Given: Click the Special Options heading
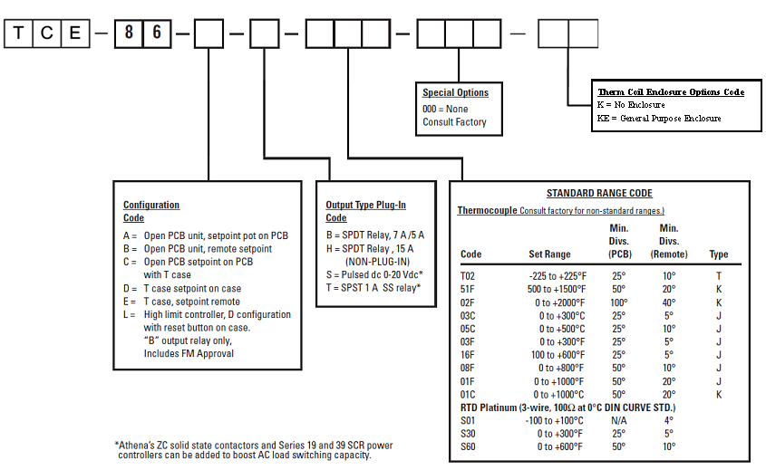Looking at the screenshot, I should coord(455,92).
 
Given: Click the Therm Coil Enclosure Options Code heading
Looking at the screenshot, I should coord(671,92).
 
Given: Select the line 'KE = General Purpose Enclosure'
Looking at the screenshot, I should coord(659,119).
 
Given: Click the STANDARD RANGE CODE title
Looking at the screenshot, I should coord(599,194).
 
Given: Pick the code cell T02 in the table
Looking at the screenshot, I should coord(469,275).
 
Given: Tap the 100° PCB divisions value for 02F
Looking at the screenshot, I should coord(618,302).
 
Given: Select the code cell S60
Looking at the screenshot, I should coord(469,446).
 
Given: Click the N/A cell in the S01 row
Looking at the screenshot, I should coord(618,420).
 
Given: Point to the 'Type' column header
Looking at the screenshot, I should coord(719,254).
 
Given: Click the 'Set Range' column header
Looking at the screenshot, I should coord(549,254).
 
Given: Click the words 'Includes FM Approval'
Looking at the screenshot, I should coord(189,353).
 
